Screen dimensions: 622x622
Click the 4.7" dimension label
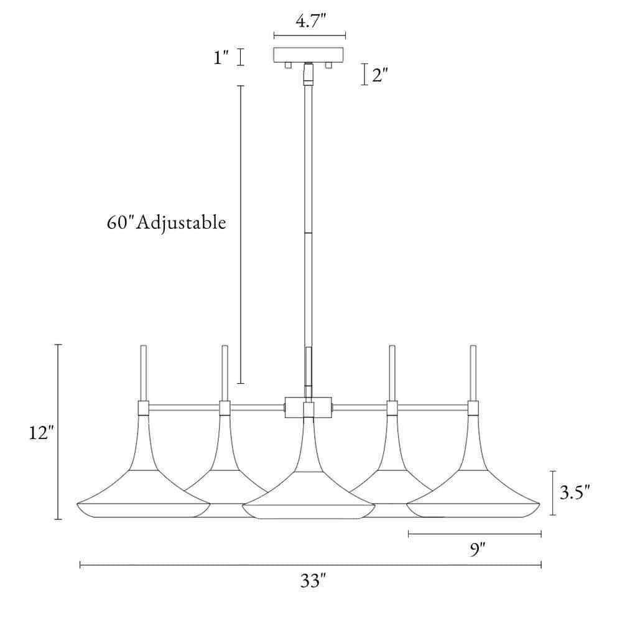(310, 21)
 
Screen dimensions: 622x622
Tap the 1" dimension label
(221, 58)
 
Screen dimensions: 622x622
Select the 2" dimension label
(379, 75)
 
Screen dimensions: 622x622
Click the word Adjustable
(182, 223)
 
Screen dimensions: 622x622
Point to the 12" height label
(41, 432)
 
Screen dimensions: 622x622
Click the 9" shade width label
(477, 549)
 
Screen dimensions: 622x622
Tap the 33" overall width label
(313, 581)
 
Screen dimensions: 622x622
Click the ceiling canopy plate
(309, 55)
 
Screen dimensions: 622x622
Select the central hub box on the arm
(309, 407)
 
